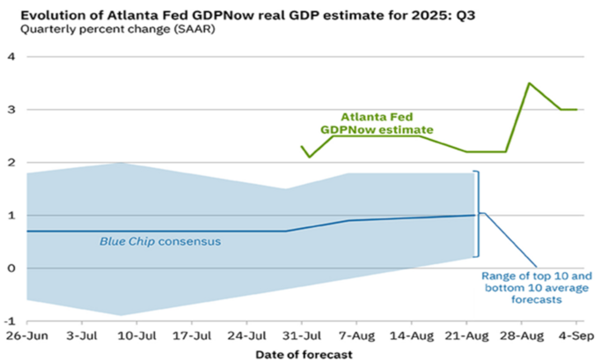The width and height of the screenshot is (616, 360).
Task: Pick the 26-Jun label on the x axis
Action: coord(25,336)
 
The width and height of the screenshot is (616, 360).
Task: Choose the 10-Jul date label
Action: coord(137,336)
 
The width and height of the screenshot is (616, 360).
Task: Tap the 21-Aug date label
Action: coord(467,336)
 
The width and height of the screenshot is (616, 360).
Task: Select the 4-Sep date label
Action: coord(577,336)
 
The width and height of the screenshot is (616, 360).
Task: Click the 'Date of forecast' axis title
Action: coord(304,353)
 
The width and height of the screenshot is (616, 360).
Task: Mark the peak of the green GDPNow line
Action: coord(528,84)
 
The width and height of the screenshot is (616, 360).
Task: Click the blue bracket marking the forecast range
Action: coord(477,214)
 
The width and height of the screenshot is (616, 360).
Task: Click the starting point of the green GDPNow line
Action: coord(302,146)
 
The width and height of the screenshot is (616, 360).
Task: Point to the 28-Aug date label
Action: coord(523,336)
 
